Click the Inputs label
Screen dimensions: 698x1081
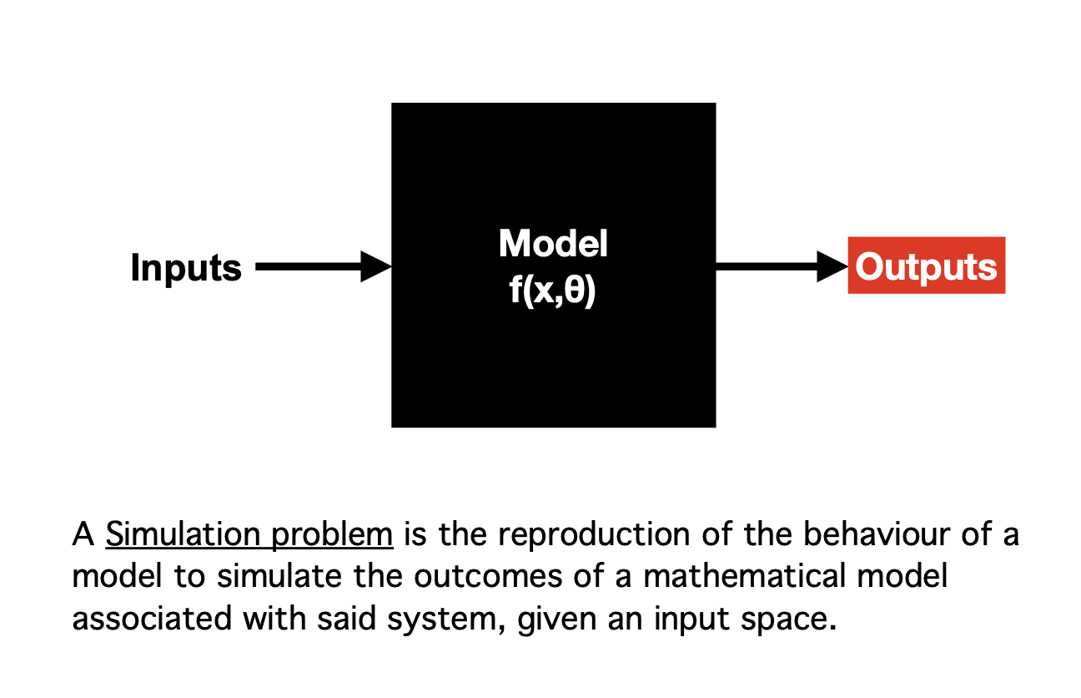click(185, 268)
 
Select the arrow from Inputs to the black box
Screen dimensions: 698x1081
click(317, 267)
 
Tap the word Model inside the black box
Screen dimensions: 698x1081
click(553, 243)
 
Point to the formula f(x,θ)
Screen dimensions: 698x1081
click(553, 293)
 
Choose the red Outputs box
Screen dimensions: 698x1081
click(926, 266)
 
